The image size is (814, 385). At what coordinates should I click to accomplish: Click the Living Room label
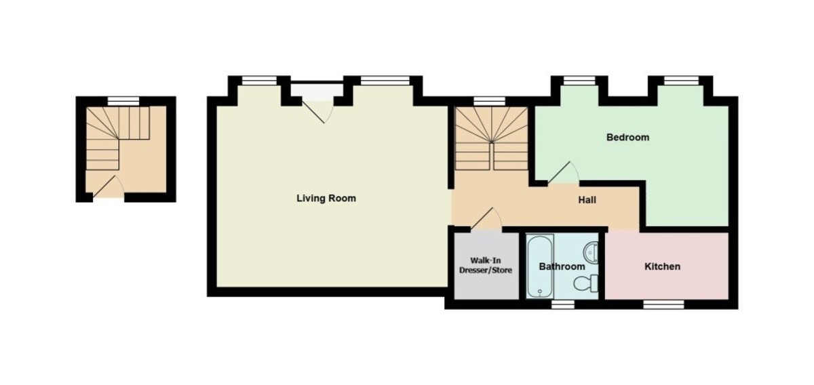point(326,199)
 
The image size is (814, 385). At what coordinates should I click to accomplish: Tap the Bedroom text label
point(627,138)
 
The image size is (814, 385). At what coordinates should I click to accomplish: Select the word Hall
point(587,200)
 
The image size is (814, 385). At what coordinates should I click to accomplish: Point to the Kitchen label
point(662,266)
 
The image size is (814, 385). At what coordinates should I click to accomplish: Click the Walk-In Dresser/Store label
point(486,265)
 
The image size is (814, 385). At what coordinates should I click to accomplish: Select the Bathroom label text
point(562,266)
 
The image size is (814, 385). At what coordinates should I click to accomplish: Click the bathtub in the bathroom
point(541,266)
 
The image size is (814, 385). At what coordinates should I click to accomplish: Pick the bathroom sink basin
point(591,251)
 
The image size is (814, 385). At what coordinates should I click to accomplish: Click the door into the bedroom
point(563,172)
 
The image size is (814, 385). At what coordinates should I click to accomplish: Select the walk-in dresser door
point(486,219)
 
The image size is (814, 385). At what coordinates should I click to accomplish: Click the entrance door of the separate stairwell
point(109,186)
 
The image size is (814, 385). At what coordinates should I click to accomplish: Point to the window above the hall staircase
point(490,102)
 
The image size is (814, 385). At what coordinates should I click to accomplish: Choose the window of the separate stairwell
point(123,102)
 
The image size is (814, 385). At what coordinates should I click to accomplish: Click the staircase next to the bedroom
point(492,138)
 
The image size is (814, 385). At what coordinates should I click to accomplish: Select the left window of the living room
point(259,80)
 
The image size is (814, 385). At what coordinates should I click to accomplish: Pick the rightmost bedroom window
point(681,80)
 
